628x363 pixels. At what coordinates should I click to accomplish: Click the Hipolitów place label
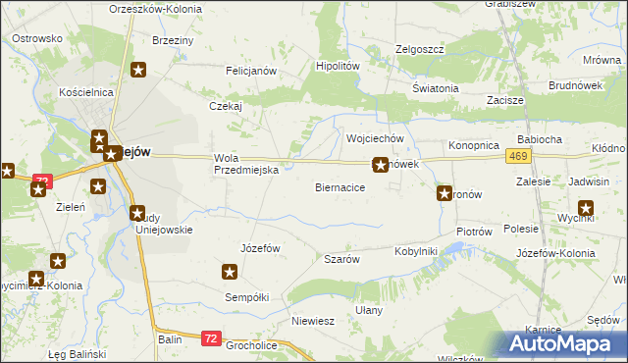pyautogui.click(x=338, y=66)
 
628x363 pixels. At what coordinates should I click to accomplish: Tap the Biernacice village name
pyautogui.click(x=340, y=186)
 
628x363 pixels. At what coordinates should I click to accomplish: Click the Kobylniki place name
pyautogui.click(x=415, y=251)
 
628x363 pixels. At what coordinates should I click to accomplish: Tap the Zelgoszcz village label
pyautogui.click(x=420, y=49)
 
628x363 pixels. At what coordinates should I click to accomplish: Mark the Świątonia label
pyautogui.click(x=436, y=88)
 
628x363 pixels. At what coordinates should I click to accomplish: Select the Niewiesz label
pyautogui.click(x=313, y=321)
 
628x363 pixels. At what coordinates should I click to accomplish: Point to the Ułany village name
pyautogui.click(x=369, y=309)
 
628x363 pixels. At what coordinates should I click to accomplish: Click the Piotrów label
pyautogui.click(x=473, y=232)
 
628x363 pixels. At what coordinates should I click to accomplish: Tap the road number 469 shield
pyautogui.click(x=520, y=157)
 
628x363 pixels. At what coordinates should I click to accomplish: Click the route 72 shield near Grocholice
pyautogui.click(x=211, y=337)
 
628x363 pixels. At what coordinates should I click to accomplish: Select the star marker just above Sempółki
pyautogui.click(x=231, y=272)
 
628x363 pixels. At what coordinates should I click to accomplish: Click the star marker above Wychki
pyautogui.click(x=587, y=207)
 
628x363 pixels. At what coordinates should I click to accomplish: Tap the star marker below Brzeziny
pyautogui.click(x=139, y=70)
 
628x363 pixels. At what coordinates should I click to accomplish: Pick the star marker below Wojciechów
pyautogui.click(x=380, y=166)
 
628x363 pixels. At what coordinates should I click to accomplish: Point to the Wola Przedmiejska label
pyautogui.click(x=247, y=164)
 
